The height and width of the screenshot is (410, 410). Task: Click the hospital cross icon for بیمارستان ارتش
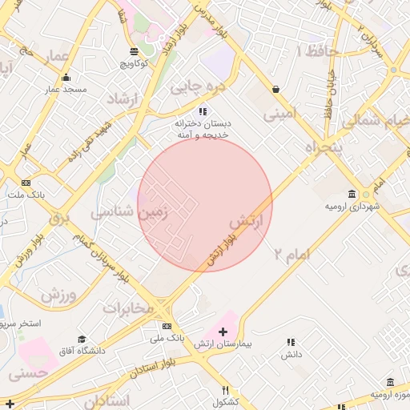(x=223, y=332)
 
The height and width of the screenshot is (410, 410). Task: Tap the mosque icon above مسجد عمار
(x=66, y=78)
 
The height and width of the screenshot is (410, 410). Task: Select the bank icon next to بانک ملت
(x=26, y=183)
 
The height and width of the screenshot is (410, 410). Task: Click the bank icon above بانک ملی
(x=167, y=327)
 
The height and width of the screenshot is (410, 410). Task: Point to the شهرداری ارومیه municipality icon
(x=352, y=195)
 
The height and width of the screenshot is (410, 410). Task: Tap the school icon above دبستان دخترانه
(x=203, y=111)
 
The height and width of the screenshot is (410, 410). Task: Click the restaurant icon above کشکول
(x=226, y=390)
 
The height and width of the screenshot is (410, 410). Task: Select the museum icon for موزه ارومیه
(x=390, y=383)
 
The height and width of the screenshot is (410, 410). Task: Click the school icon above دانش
(x=291, y=342)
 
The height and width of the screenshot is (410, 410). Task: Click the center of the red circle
(x=205, y=205)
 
